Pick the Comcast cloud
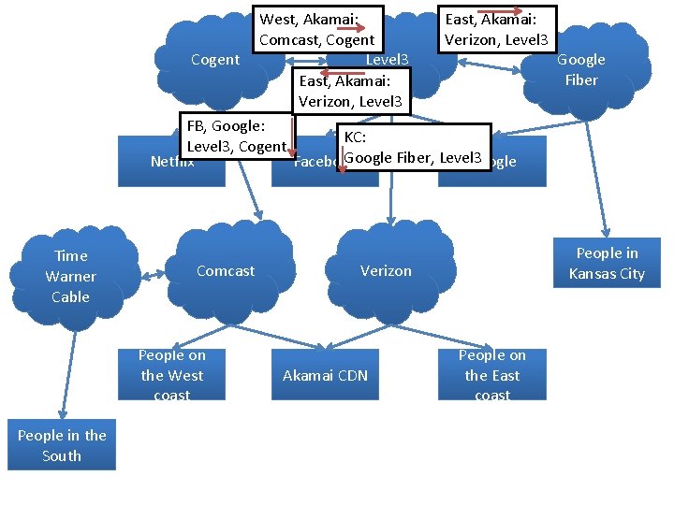coord(225,272)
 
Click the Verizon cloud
coord(386,272)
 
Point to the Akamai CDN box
coord(325,375)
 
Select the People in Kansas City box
coord(607,264)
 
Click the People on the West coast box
coord(171,375)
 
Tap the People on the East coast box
coord(492,375)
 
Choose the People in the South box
coord(62,445)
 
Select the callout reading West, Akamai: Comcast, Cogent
coord(316,28)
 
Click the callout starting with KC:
coord(414,148)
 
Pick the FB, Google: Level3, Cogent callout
coord(235,136)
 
